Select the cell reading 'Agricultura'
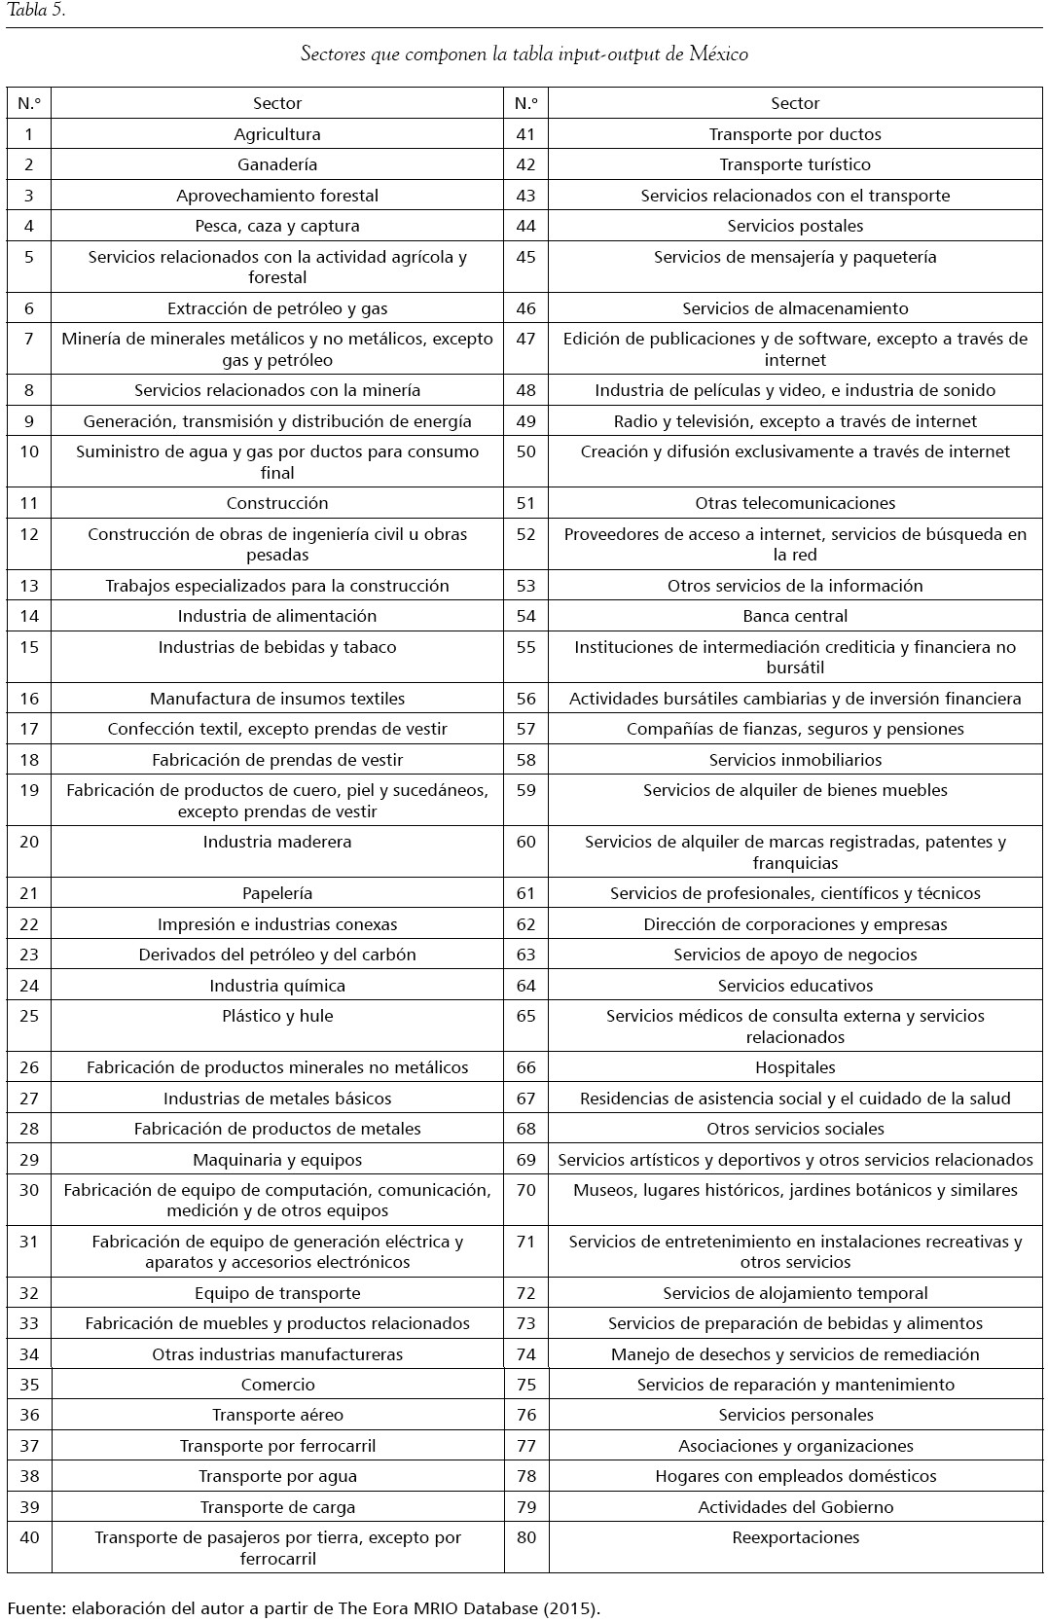tap(277, 134)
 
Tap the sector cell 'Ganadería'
tap(277, 164)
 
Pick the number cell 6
tap(29, 308)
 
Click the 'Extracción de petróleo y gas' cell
tap(277, 308)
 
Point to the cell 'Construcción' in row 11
tap(277, 503)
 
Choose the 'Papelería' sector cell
tap(277, 893)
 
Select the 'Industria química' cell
tap(277, 986)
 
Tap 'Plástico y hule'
tap(277, 1016)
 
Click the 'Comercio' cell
tap(277, 1385)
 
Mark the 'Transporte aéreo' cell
tap(277, 1415)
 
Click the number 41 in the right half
tap(525, 134)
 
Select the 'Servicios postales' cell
tap(795, 226)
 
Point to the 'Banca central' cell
tap(795, 616)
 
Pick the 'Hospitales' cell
tap(795, 1067)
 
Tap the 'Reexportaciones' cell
tap(795, 1537)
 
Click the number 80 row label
tap(525, 1537)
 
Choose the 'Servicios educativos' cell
tap(795, 986)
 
